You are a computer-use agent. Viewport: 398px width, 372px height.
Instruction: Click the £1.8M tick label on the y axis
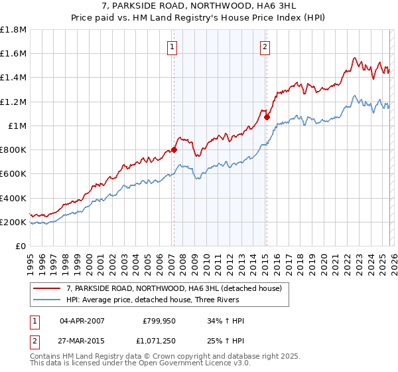pyautogui.click(x=13, y=30)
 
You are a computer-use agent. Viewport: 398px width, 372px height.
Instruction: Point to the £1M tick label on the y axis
pyautogui.click(x=17, y=126)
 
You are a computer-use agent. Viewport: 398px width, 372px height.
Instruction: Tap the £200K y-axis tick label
pyautogui.click(x=13, y=222)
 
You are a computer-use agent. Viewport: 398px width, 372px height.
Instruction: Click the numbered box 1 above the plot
pyautogui.click(x=172, y=46)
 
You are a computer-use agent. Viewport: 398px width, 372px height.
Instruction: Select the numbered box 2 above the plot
pyautogui.click(x=265, y=46)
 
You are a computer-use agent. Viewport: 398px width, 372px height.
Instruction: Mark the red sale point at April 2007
pyautogui.click(x=174, y=150)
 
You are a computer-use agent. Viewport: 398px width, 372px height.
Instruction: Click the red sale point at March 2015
pyautogui.click(x=267, y=118)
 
